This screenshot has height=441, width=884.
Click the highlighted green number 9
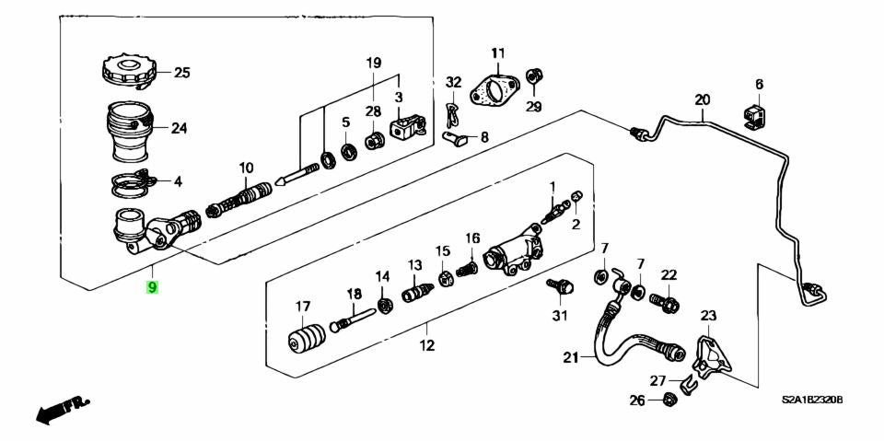point(153,287)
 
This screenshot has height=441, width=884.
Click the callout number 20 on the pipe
point(703,99)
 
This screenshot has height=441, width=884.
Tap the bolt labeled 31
point(558,289)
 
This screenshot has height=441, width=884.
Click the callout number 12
point(426,346)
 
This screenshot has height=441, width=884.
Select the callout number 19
point(373,63)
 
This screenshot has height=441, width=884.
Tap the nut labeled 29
point(532,76)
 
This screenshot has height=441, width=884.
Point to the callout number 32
point(452,82)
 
